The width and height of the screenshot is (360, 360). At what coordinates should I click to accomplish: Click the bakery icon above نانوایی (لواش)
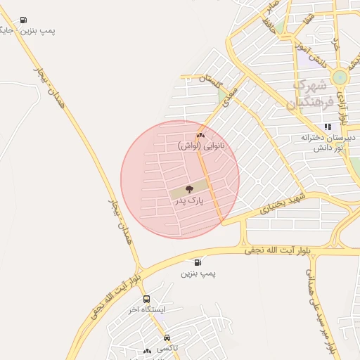pyautogui.click(x=200, y=135)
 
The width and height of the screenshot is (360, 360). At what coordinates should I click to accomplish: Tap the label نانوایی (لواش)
pyautogui.click(x=202, y=146)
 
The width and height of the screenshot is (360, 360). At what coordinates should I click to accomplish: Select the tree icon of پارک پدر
pyautogui.click(x=188, y=189)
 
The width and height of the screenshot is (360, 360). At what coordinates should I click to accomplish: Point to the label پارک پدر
pyautogui.click(x=188, y=201)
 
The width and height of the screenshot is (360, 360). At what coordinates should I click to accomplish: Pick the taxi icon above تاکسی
pyautogui.click(x=167, y=337)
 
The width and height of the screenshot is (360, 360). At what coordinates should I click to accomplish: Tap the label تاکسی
pyautogui.click(x=167, y=348)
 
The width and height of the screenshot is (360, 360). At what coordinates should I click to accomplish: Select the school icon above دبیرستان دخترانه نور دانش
pyautogui.click(x=328, y=127)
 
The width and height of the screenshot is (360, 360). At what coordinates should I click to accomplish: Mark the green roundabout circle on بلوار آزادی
pyautogui.click(x=340, y=78)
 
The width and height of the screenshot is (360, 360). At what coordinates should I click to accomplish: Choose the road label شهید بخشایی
pyautogui.click(x=281, y=202)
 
